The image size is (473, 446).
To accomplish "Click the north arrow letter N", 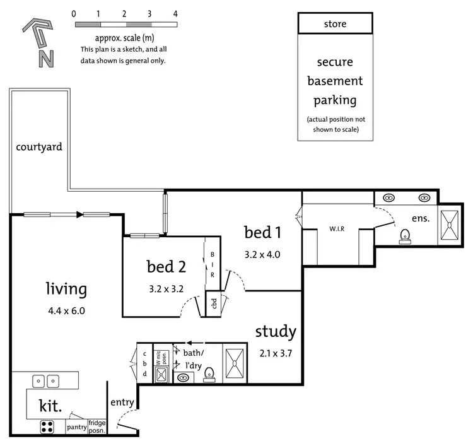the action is (x=46, y=59).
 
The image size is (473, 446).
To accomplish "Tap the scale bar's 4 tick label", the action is (x=175, y=14).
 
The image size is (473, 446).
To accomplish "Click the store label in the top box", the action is (x=335, y=24).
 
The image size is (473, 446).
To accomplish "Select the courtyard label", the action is (x=39, y=147).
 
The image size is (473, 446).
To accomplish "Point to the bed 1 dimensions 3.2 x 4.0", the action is (x=262, y=255).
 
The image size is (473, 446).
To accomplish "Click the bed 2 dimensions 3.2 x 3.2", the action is (x=166, y=289).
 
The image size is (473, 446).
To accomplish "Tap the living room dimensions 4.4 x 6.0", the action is (x=66, y=311).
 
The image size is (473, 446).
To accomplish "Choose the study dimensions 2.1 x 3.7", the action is (x=276, y=353).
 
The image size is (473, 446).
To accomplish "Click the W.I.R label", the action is (x=337, y=229).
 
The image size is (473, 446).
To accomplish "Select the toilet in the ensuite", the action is (x=405, y=237).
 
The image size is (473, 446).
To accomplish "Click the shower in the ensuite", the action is (x=450, y=225).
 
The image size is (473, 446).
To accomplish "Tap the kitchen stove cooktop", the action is (x=47, y=427).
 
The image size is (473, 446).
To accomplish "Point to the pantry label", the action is (x=76, y=427).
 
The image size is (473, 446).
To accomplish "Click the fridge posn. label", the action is (x=97, y=426).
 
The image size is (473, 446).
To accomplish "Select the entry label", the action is (x=122, y=402).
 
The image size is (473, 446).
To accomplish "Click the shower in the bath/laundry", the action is (x=235, y=363).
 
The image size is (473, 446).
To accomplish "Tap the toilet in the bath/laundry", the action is (x=209, y=375).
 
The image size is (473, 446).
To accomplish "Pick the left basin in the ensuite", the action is (x=389, y=198).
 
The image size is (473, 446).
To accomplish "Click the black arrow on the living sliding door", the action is (x=79, y=214).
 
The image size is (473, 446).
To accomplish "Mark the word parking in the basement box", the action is (x=335, y=100).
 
